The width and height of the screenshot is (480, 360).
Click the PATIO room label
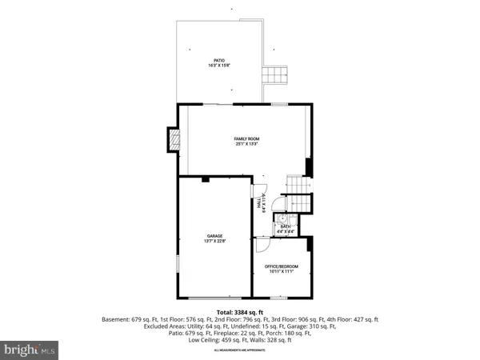click(x=218, y=60)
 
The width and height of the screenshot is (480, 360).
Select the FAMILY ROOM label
click(x=247, y=138)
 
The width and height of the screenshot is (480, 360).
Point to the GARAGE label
click(x=214, y=235)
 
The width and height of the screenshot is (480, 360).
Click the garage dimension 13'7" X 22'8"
click(x=214, y=240)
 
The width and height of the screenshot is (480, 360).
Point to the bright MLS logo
click(x=30, y=349)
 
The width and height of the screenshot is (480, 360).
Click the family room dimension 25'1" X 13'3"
click(x=247, y=144)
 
